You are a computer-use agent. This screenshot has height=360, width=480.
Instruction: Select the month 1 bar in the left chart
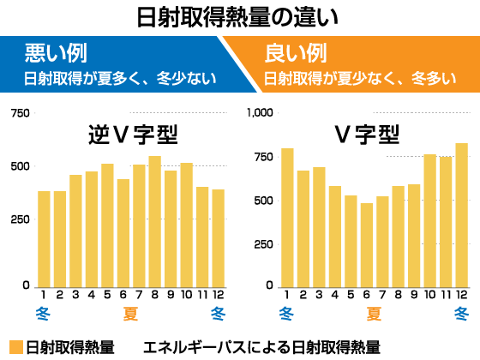click(x=44, y=239)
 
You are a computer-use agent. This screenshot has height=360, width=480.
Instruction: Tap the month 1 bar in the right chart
click(x=287, y=218)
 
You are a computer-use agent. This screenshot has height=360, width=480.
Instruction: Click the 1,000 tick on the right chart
click(x=258, y=112)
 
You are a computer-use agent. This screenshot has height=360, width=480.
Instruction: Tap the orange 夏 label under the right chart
click(x=375, y=313)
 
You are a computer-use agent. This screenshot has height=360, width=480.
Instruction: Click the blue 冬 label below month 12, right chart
click(x=462, y=313)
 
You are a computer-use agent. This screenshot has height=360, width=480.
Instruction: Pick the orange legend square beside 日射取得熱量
click(x=15, y=347)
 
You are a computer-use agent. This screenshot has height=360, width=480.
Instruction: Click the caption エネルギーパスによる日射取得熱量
click(x=261, y=347)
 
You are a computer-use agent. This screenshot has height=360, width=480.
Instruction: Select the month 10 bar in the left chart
click(x=187, y=225)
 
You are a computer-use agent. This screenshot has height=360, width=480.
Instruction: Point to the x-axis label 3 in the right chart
click(x=319, y=295)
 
